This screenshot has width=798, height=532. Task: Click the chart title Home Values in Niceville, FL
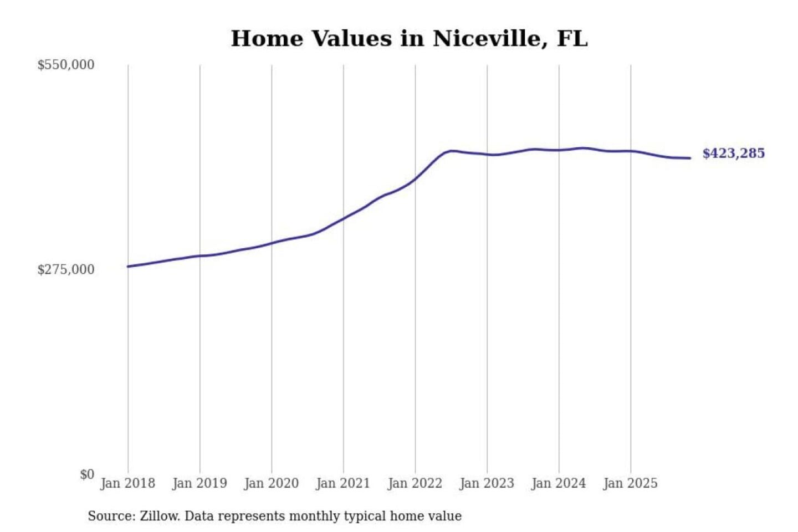click(x=409, y=39)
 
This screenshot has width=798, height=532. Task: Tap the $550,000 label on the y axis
click(x=66, y=65)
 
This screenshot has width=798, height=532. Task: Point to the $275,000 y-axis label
click(x=66, y=270)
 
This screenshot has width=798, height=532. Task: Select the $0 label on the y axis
click(x=87, y=474)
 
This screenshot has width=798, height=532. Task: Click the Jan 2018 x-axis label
click(x=128, y=484)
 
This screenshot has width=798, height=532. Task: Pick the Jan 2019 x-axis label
click(x=199, y=484)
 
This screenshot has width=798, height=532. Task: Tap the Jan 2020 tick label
click(x=272, y=484)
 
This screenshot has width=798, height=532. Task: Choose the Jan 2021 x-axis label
click(x=343, y=484)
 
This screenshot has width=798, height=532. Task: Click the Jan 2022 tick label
click(x=415, y=484)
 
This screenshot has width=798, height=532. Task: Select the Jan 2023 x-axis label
click(x=487, y=484)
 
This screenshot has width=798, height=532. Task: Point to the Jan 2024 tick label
click(x=559, y=484)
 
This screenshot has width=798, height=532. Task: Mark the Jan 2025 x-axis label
click(x=631, y=484)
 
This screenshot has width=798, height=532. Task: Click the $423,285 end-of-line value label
click(x=734, y=154)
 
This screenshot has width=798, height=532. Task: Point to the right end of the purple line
click(x=690, y=158)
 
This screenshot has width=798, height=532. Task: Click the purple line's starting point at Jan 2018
click(x=128, y=267)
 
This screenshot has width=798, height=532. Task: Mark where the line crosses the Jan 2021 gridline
click(x=344, y=218)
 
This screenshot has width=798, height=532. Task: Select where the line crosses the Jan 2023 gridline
click(x=487, y=154)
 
